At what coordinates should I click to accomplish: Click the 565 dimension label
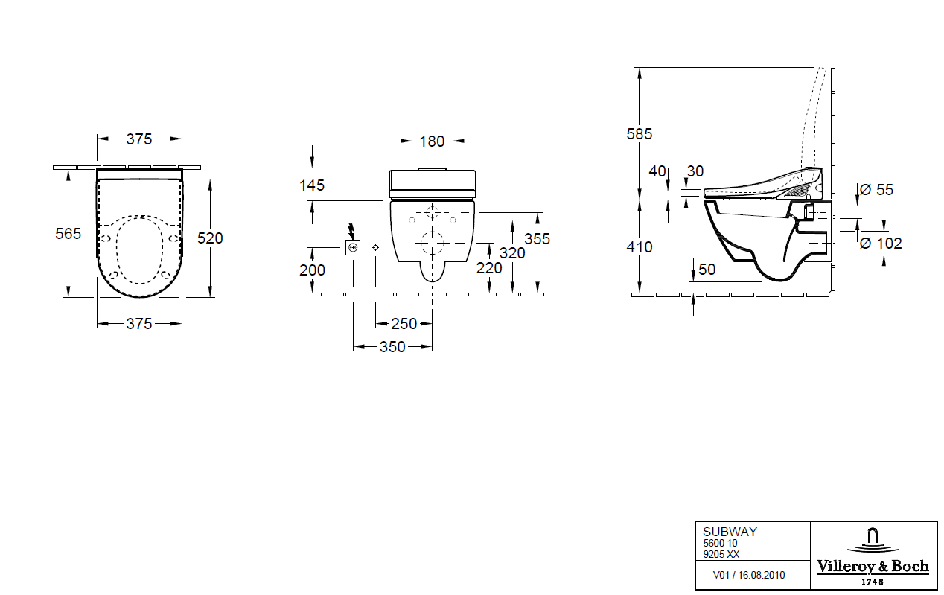coord(68,234)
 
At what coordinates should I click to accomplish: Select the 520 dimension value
coord(210,238)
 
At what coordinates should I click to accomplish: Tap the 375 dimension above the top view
coord(139,139)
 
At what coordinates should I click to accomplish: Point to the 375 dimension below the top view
coord(139,323)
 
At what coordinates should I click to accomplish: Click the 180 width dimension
coord(432,141)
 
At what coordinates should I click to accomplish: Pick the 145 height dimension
coord(312,185)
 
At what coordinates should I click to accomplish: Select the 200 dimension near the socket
coord(312,270)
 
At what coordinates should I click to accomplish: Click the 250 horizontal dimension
coord(404,324)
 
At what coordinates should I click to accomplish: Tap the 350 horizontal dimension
coord(393,347)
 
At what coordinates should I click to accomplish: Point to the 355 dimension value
coord(537,238)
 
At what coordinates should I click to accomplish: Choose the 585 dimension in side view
coord(639,134)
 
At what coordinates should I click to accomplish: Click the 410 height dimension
coord(639,246)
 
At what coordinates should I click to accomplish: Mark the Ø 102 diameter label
coord(880,243)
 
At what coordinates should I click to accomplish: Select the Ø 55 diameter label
coord(876,190)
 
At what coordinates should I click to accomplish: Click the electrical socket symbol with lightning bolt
coord(353,246)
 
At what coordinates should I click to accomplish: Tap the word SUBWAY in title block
coord(730,532)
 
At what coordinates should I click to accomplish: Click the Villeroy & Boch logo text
coord(873,567)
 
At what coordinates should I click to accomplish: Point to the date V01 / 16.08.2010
coord(748,575)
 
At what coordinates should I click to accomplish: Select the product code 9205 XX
coord(721,553)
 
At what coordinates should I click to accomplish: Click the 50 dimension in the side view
coord(707,270)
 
